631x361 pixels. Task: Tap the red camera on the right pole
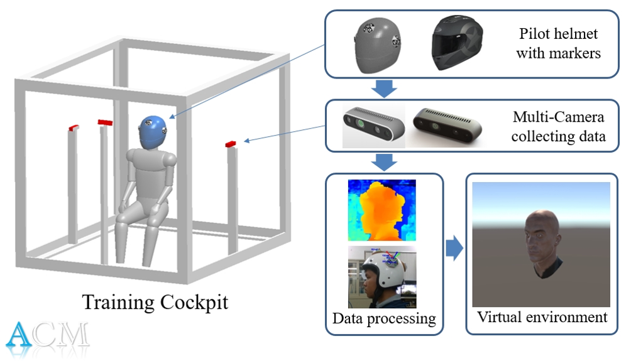tap(231, 145)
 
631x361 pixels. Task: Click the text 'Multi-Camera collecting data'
tap(558, 126)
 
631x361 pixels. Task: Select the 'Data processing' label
tap(384, 318)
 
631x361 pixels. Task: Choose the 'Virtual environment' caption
tap(542, 316)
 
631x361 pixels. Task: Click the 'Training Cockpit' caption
tap(155, 302)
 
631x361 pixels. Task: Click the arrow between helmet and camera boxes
tap(384, 89)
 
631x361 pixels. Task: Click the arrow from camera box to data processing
tap(384, 163)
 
